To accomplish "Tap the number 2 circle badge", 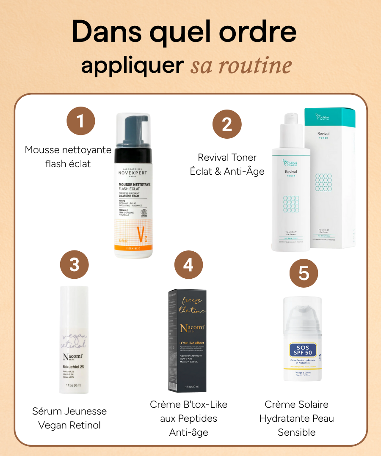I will click(x=227, y=124).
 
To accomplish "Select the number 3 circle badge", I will click(x=75, y=265).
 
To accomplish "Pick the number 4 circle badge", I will click(x=188, y=265).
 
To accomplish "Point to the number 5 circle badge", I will click(x=304, y=273).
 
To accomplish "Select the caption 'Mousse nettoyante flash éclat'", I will click(x=68, y=157).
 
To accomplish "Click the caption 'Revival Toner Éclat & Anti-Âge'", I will click(x=227, y=164).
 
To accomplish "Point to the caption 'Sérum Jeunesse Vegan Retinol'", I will click(x=69, y=418).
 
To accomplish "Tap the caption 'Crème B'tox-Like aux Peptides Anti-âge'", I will click(x=188, y=418).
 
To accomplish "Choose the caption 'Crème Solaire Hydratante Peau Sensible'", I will click(x=296, y=418).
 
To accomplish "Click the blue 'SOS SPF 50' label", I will click(x=303, y=350).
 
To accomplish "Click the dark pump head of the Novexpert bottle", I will click(x=133, y=134).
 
